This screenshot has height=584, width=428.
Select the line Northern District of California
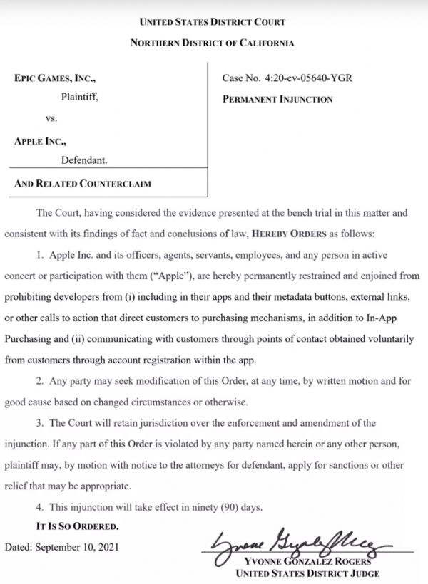click(213, 43)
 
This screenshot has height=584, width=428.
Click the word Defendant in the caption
click(84, 160)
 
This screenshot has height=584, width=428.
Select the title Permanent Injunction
click(277, 100)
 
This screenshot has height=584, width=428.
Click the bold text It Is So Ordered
click(78, 526)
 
